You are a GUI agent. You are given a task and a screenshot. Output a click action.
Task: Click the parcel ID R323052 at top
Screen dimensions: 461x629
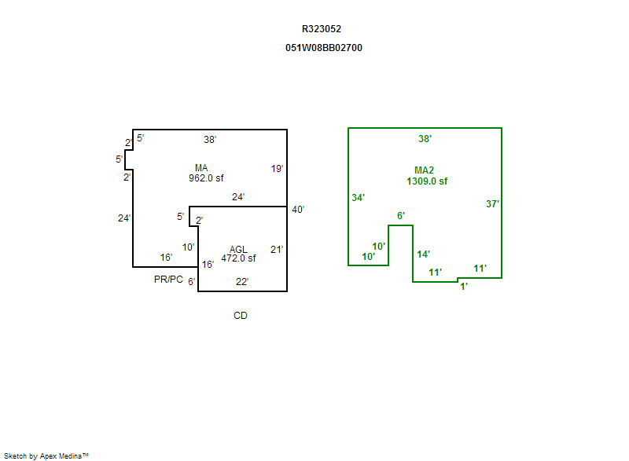pyautogui.click(x=322, y=29)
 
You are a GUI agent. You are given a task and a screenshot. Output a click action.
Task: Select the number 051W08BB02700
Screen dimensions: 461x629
pyautogui.click(x=324, y=48)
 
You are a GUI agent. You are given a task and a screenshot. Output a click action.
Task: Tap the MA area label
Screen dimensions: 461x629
pyautogui.click(x=201, y=167)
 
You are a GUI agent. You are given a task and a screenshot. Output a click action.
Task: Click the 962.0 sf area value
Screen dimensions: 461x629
pyautogui.click(x=206, y=178)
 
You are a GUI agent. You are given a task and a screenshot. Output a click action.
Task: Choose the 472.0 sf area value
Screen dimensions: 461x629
pyautogui.click(x=238, y=258)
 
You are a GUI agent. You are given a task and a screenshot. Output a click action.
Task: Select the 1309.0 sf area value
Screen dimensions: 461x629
pyautogui.click(x=427, y=181)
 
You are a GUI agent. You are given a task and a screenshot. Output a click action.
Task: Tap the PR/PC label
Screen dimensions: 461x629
pyautogui.click(x=168, y=280)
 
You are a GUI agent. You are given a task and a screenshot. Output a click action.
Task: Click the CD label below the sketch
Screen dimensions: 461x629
pyautogui.click(x=241, y=316)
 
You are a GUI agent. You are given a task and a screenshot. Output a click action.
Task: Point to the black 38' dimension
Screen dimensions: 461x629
pyautogui.click(x=210, y=140)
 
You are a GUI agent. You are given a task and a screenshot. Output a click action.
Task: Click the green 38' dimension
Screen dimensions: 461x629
pyautogui.click(x=425, y=139)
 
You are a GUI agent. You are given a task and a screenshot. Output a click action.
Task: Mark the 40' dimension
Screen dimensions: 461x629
pyautogui.click(x=297, y=210)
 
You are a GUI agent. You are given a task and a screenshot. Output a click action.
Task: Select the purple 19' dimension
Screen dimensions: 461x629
pyautogui.click(x=277, y=169)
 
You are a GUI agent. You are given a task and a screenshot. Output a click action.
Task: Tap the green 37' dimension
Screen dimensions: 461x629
pyautogui.click(x=493, y=204)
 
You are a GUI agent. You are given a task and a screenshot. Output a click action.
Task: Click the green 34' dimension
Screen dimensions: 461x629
pyautogui.click(x=358, y=198)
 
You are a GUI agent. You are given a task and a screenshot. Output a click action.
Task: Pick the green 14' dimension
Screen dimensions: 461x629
pyautogui.click(x=423, y=254)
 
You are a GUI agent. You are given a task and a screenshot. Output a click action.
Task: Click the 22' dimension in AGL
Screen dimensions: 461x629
pyautogui.click(x=242, y=282)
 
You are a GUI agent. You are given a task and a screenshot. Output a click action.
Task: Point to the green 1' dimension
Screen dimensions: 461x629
pyautogui.click(x=464, y=287)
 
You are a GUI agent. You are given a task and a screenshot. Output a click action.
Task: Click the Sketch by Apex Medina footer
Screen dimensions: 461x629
pyautogui.click(x=46, y=456)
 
